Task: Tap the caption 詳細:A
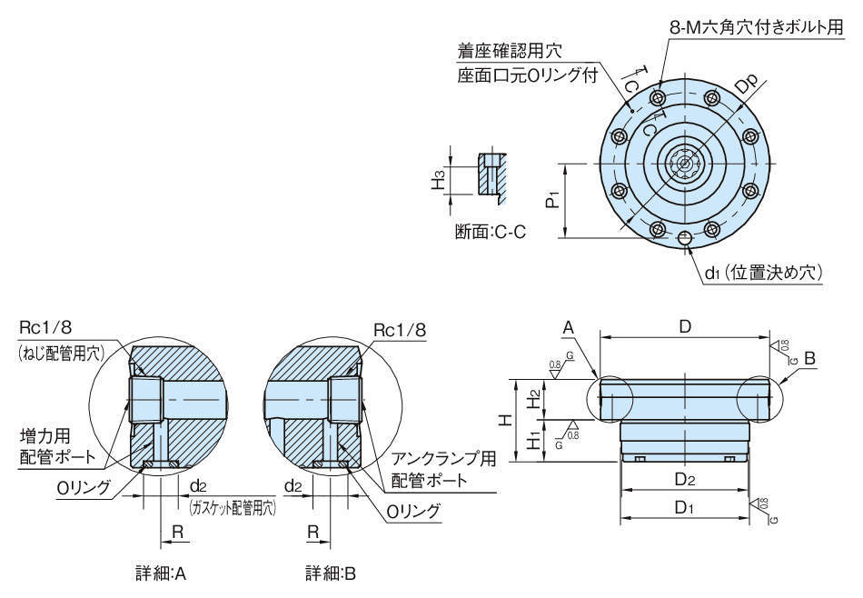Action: (160, 573)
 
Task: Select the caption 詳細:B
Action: (330, 573)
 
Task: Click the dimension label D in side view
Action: (686, 325)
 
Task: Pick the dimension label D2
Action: (685, 479)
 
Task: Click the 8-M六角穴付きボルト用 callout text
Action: (756, 28)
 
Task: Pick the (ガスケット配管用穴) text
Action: (232, 508)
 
